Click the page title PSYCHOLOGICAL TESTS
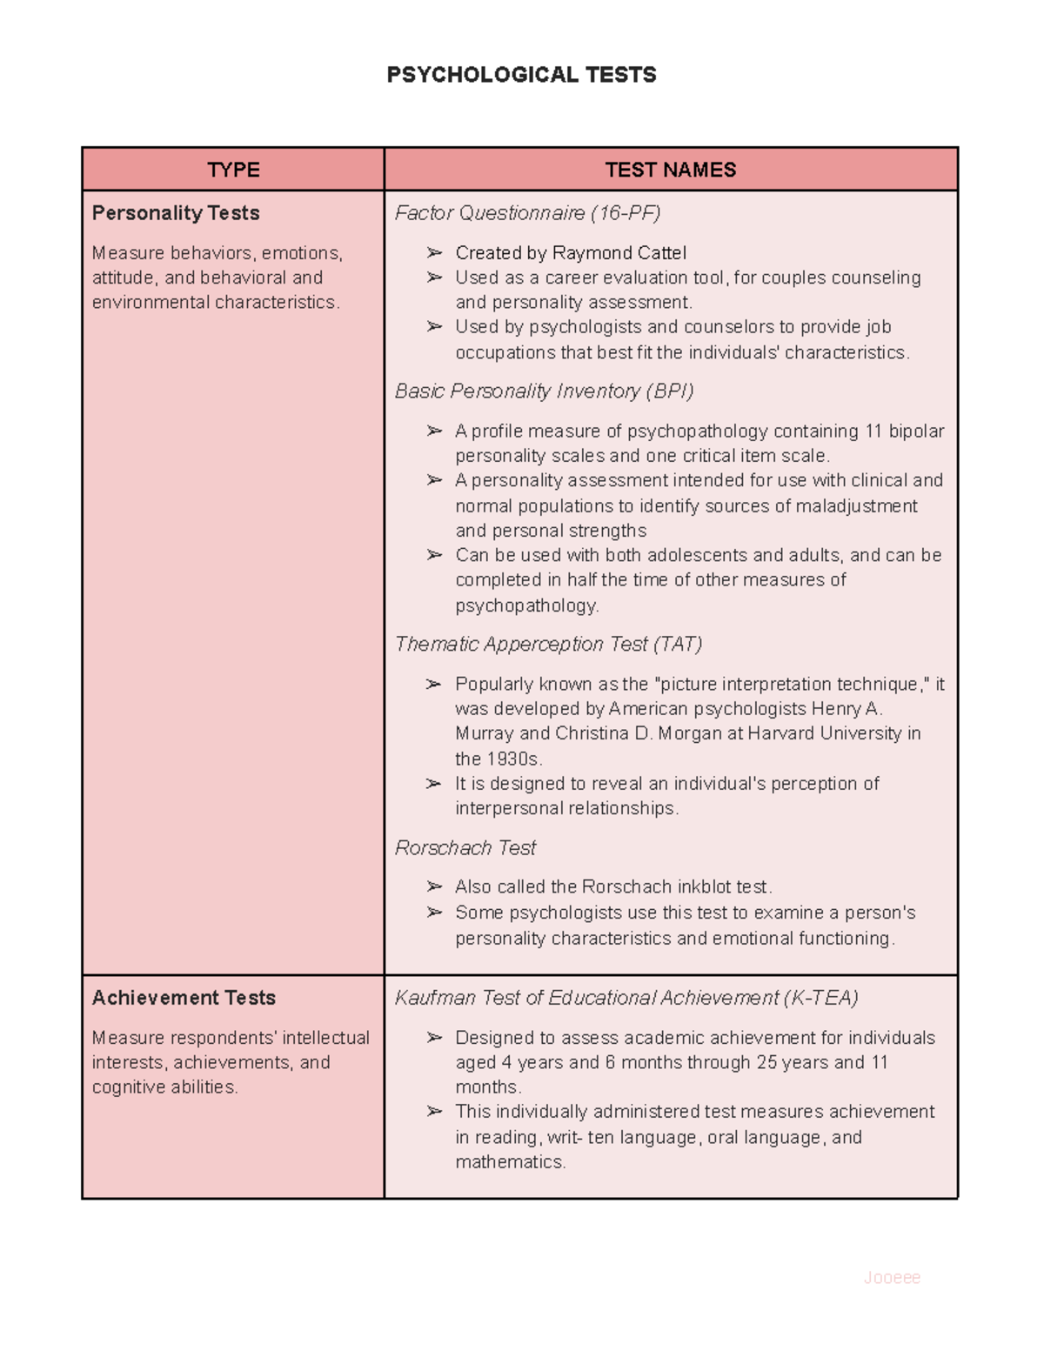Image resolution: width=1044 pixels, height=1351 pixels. click(521, 75)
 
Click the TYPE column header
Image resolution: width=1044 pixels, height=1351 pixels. click(233, 170)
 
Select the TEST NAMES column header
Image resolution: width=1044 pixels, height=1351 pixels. click(670, 170)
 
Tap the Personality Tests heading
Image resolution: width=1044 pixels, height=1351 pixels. click(176, 213)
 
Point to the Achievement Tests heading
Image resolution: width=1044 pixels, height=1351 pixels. click(184, 998)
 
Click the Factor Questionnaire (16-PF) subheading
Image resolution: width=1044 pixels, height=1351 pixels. click(527, 213)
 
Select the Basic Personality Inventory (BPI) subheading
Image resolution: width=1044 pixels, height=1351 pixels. click(544, 391)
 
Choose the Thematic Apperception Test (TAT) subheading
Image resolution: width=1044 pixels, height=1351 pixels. click(548, 645)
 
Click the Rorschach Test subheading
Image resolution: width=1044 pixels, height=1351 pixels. click(465, 848)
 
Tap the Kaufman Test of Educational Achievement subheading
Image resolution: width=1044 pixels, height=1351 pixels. click(626, 998)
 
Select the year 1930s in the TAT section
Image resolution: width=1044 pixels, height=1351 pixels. click(513, 759)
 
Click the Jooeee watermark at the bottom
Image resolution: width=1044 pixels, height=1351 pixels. click(892, 1277)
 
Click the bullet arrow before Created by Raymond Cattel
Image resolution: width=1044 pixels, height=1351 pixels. click(434, 253)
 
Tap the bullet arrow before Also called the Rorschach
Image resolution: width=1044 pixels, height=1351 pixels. click(434, 887)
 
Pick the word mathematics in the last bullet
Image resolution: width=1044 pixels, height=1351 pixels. click(510, 1162)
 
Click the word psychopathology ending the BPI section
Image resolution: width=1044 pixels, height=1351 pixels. click(526, 605)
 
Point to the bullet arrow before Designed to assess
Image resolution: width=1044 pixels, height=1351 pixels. click(434, 1038)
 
